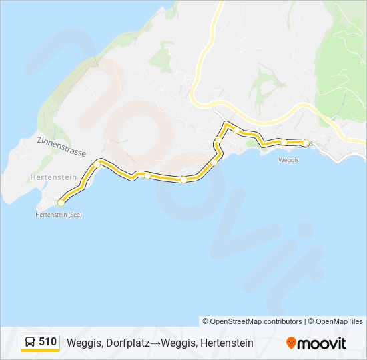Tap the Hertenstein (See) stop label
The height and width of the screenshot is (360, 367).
tap(59, 215)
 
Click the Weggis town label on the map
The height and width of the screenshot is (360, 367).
tap(288, 160)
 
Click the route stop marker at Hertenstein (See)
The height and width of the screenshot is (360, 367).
tap(61, 202)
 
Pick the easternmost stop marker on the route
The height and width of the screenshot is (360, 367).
tap(306, 143)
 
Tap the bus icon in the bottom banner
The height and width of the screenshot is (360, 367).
tap(30, 342)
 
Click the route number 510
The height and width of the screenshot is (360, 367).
tap(47, 342)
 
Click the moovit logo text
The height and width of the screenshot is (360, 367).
tap(322, 343)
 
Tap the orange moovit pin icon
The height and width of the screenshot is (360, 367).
tap(291, 343)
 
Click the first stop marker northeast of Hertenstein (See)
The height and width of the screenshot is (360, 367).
tap(97, 163)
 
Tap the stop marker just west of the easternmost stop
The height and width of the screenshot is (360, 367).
tap(284, 141)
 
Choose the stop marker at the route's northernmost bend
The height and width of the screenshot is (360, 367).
tap(236, 130)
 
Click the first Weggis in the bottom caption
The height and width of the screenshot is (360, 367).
tap(83, 343)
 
